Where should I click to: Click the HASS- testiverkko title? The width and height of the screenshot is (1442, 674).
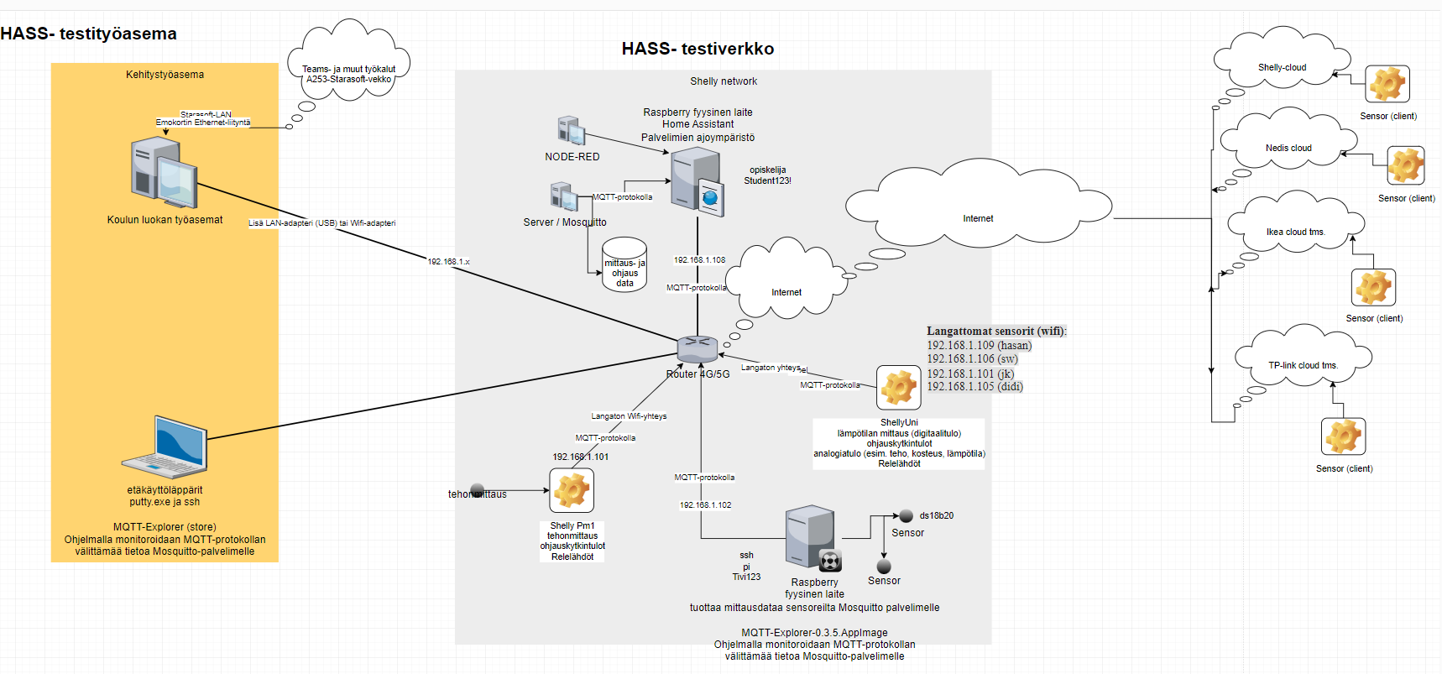pos(697,49)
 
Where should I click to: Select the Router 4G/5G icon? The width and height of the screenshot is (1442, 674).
pos(697,348)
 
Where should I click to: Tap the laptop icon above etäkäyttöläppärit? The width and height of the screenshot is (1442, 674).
pos(166,447)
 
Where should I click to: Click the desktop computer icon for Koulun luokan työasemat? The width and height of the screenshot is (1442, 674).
pos(165,174)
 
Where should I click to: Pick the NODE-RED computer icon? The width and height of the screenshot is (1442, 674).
pos(572,131)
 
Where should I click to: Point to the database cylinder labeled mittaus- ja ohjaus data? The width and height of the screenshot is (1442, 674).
pos(624,265)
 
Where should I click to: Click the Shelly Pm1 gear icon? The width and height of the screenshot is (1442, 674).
pos(572,490)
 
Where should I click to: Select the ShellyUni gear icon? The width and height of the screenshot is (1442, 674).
pos(898,388)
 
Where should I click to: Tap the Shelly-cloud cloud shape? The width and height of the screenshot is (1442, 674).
pos(1282,62)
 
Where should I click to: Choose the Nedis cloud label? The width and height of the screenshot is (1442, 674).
pos(1288,148)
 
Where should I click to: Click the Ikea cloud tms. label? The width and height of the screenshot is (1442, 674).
pos(1295,232)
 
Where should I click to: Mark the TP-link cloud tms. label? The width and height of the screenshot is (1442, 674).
pos(1303,365)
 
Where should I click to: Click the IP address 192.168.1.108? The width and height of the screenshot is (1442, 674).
pos(699,260)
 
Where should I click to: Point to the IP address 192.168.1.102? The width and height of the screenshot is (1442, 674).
pos(705,505)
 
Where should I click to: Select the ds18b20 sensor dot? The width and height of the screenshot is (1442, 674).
pos(906,516)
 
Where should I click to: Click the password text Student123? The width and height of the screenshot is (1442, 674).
pos(767,180)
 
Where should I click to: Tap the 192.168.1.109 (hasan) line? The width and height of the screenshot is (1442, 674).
pos(979,345)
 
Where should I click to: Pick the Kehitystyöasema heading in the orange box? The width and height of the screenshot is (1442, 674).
pos(165,75)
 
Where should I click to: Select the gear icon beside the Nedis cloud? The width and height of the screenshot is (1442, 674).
pos(1405,165)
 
